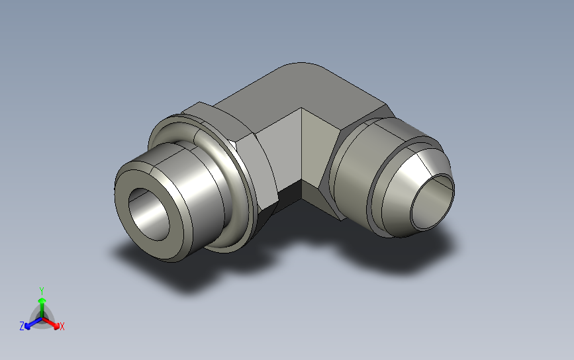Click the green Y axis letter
42,291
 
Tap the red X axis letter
62,326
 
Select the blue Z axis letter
22,326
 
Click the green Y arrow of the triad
42,308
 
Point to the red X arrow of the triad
51,323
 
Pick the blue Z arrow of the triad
33,323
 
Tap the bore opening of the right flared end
432,202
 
